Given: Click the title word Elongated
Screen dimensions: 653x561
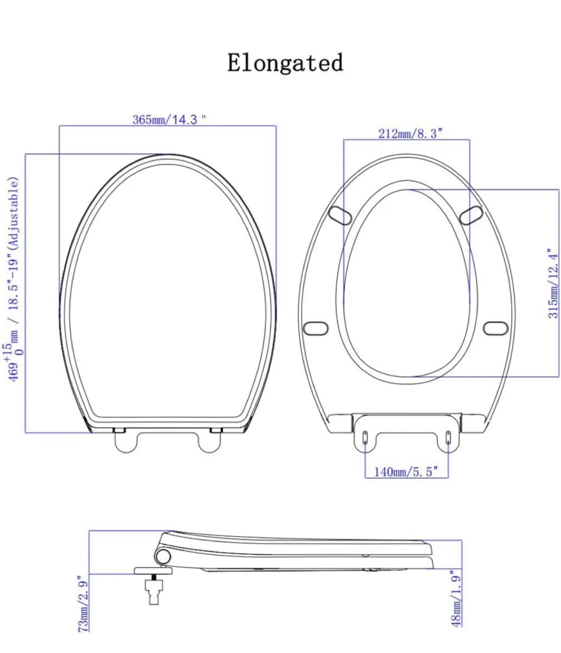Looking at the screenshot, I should point(285,63).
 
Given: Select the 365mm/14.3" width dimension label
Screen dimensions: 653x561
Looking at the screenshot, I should point(169,120).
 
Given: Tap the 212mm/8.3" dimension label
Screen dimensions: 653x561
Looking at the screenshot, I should point(410,133).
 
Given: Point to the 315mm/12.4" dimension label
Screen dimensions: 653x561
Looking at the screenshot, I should point(552,283).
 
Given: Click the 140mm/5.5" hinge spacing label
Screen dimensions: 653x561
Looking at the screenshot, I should point(406,472).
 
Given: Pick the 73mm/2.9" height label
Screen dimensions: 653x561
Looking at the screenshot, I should point(83,604).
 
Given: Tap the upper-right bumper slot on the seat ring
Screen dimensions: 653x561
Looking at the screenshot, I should point(471,214).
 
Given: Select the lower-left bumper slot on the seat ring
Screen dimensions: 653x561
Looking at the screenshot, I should point(315,328).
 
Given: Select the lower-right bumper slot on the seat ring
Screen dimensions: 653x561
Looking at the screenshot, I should point(496,328).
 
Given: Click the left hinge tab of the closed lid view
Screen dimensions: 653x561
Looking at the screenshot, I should point(126,442).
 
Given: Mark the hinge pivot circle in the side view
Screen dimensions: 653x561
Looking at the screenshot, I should point(162,556).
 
